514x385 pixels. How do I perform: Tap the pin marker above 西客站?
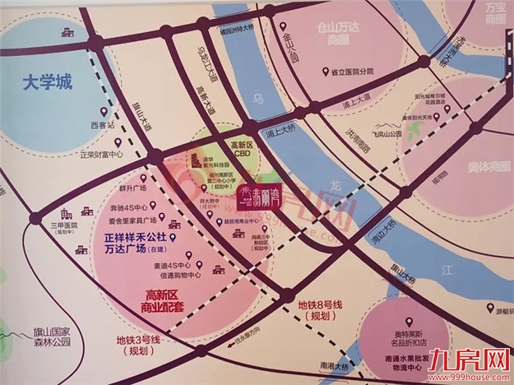tap(103, 113)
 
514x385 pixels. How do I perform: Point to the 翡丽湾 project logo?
tap(254, 195)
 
